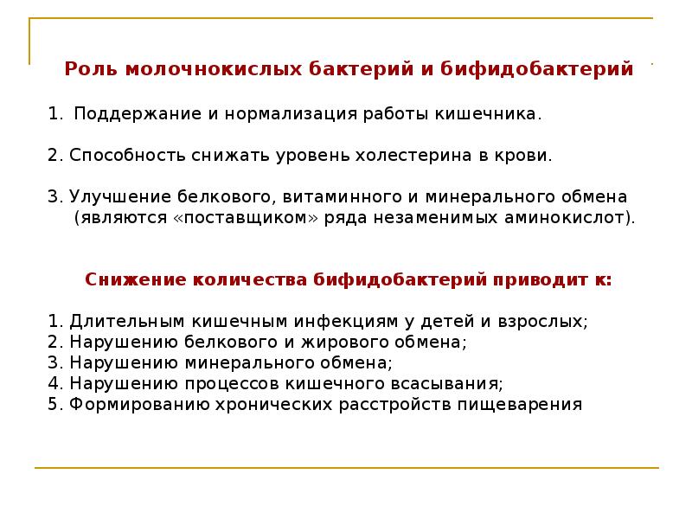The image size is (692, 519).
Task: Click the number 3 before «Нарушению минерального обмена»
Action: point(54,362)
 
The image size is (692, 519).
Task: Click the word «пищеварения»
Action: point(530,404)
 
